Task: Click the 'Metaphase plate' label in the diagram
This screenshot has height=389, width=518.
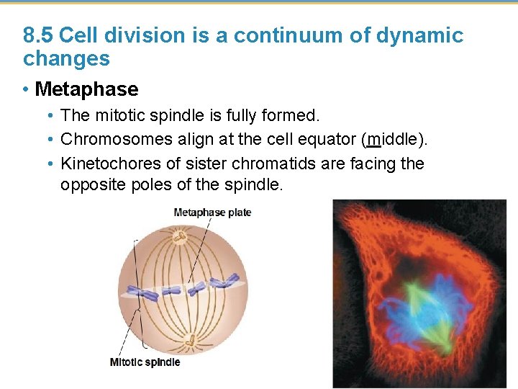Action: pos(212,213)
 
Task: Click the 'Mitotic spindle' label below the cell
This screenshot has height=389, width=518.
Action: pos(145,362)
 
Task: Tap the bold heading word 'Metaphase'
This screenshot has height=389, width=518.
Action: pos(86,89)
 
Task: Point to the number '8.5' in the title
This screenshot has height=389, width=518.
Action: pos(39,35)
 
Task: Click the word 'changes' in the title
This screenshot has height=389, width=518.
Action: pos(66,58)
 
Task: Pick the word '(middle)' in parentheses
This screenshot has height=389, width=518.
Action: pos(399,139)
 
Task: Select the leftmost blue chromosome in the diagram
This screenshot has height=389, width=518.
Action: pos(146,294)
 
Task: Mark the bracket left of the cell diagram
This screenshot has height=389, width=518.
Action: pos(134,288)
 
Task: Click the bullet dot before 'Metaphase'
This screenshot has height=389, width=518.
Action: pos(26,90)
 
